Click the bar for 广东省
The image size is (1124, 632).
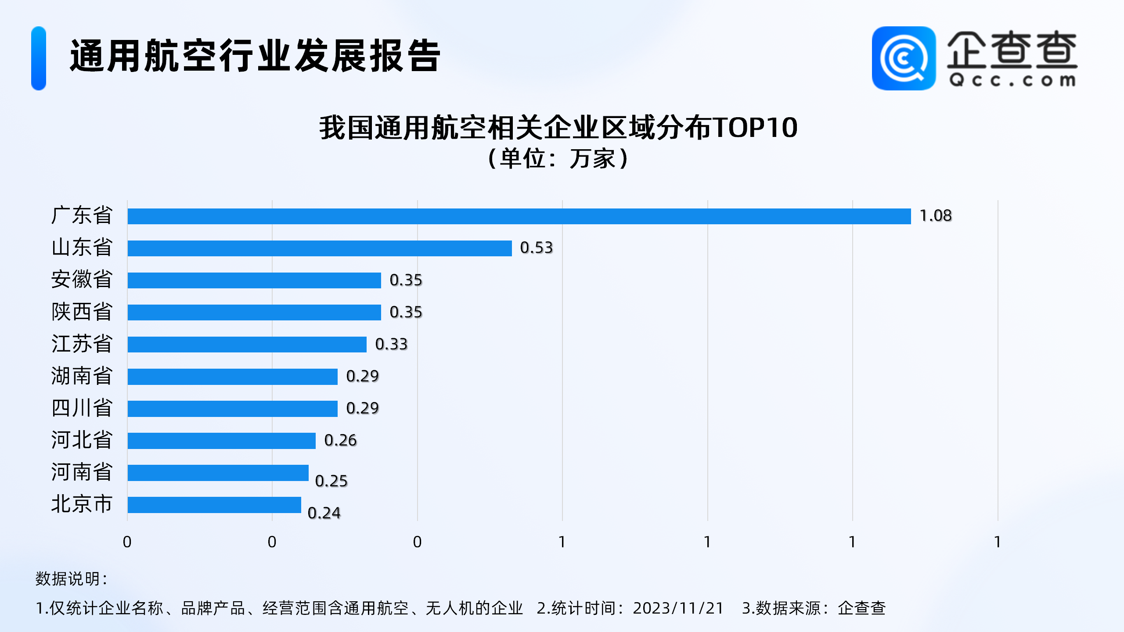519,216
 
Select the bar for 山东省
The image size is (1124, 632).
320,248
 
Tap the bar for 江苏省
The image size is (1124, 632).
247,345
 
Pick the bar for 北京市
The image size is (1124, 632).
214,505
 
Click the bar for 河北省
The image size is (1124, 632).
221,441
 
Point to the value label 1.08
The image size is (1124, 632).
935,216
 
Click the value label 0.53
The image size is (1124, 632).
536,248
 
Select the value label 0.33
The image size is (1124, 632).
391,345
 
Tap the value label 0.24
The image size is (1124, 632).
324,513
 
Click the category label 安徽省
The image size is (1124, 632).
82,280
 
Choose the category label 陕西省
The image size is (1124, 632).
82,312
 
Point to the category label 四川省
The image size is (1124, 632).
82,408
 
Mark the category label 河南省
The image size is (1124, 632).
82,472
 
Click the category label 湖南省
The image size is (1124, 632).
82,376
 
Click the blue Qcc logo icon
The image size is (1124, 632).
904,58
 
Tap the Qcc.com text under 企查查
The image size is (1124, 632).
1012,81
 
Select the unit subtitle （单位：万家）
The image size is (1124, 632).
558,158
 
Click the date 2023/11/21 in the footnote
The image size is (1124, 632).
678,608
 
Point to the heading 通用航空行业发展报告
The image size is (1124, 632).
255,56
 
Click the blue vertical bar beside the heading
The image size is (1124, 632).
39,58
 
